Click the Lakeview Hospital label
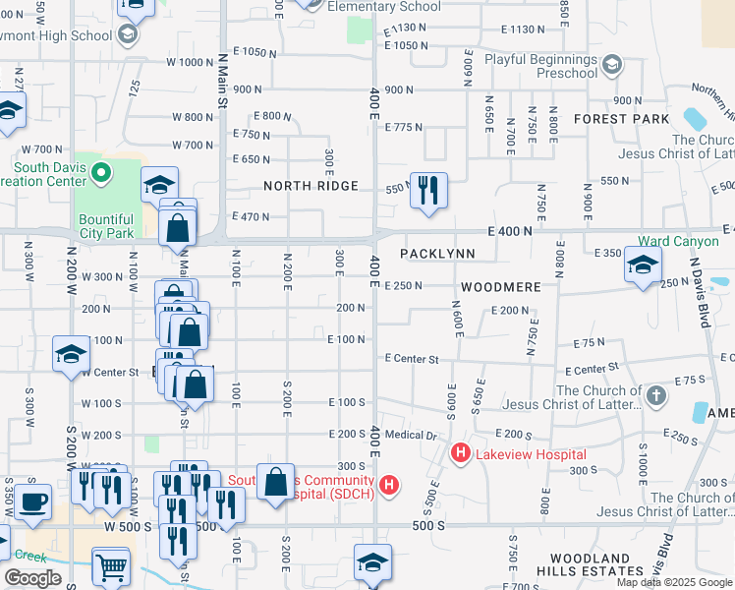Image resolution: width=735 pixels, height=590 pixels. [x=531, y=454]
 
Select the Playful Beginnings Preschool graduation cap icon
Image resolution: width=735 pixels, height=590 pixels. [x=611, y=66]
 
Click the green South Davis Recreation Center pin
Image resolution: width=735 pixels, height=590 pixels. [x=99, y=173]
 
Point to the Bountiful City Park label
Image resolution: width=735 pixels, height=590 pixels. [x=107, y=226]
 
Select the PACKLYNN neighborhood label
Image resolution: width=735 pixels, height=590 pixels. [x=437, y=254]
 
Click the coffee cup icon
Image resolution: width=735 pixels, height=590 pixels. [x=32, y=501]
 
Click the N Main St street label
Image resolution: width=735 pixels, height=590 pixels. [x=222, y=82]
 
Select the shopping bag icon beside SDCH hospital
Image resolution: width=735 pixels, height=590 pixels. [x=276, y=483]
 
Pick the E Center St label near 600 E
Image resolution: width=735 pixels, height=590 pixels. [x=412, y=359]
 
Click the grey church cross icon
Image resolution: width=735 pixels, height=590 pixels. [x=656, y=395]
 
